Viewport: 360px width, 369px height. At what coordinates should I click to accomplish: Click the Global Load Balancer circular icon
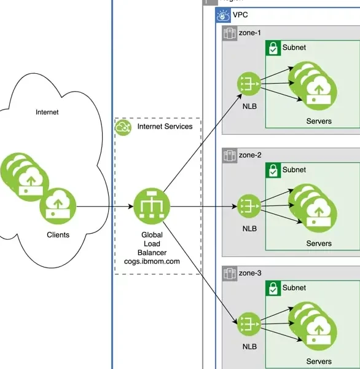[152, 206]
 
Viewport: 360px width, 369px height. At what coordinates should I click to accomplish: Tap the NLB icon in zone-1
[249, 84]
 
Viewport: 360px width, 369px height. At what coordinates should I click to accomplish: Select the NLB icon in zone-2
[249, 206]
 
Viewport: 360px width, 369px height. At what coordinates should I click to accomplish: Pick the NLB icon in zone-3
[249, 324]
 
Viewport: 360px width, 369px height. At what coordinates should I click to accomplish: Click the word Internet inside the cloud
[47, 112]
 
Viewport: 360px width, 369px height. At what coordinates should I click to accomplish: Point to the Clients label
[58, 235]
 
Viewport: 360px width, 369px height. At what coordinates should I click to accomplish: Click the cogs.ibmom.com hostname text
[152, 261]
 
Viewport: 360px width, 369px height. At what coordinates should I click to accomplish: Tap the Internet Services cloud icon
[123, 127]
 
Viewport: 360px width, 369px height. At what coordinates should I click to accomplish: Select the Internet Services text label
[165, 126]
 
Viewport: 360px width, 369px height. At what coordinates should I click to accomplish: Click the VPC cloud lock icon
[223, 15]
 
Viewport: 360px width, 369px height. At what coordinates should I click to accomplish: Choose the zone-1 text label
[249, 33]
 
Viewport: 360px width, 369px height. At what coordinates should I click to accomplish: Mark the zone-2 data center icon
[230, 156]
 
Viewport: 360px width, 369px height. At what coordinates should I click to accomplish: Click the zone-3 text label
[250, 273]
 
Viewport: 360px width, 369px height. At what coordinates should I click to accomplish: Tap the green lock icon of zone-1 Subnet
[273, 48]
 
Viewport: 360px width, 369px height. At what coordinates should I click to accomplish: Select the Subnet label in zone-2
[294, 170]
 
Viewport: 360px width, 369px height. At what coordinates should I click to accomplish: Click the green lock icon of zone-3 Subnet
[273, 288]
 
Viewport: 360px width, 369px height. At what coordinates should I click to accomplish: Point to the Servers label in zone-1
[319, 121]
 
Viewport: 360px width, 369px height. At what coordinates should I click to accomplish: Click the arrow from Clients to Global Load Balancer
[105, 207]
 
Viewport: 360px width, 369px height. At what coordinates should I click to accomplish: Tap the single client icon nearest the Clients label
[58, 206]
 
